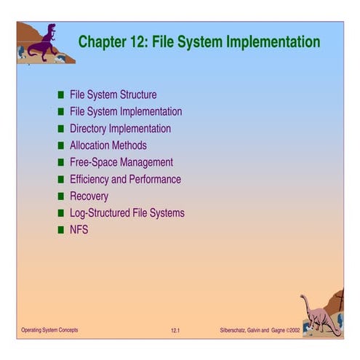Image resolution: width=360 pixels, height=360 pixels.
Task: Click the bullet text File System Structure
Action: [x=113, y=95]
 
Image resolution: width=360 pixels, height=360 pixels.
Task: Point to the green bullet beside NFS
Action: [x=62, y=231]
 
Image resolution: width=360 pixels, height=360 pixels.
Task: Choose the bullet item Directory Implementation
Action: [x=120, y=129]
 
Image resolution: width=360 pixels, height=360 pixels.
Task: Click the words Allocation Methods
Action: [x=108, y=145]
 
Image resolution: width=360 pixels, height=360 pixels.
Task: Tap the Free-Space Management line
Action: [x=121, y=162]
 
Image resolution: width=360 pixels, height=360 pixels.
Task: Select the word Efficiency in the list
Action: [x=91, y=180]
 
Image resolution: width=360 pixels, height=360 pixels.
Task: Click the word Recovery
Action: [x=89, y=196]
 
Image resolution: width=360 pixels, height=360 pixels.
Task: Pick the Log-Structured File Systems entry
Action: [x=127, y=213]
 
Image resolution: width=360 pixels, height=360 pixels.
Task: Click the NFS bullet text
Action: [x=79, y=231]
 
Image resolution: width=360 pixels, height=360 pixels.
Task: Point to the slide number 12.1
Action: [x=175, y=332]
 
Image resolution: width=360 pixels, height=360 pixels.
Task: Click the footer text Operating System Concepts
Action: [x=49, y=331]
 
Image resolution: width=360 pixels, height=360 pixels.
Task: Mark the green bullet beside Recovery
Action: [x=62, y=196]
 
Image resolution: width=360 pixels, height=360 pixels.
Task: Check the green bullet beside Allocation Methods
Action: [x=62, y=146]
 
